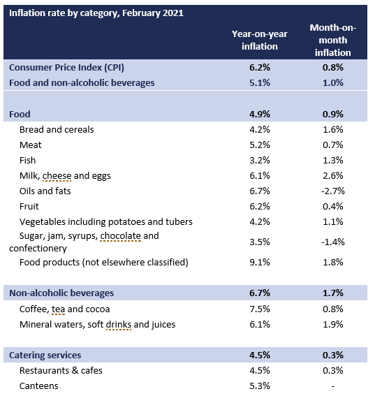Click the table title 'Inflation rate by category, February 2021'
(x=96, y=13)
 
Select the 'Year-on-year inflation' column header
(x=255, y=40)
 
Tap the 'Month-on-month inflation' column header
(x=332, y=40)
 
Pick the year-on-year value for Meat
(x=256, y=145)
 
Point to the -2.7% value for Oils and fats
(x=332, y=191)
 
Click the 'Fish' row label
(x=29, y=160)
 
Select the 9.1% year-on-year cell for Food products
(x=256, y=263)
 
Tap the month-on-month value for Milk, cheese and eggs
(x=333, y=175)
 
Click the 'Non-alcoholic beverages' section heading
(x=61, y=293)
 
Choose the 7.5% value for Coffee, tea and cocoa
(x=256, y=309)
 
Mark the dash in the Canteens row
(x=333, y=386)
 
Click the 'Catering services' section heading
(x=45, y=355)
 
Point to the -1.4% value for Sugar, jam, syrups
(x=332, y=242)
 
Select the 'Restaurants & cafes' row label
(x=61, y=370)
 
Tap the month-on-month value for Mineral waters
(x=333, y=324)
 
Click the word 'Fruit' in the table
(x=30, y=206)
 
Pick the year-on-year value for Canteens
(x=256, y=386)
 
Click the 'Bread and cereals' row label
(x=57, y=129)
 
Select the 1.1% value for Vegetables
(x=333, y=221)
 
